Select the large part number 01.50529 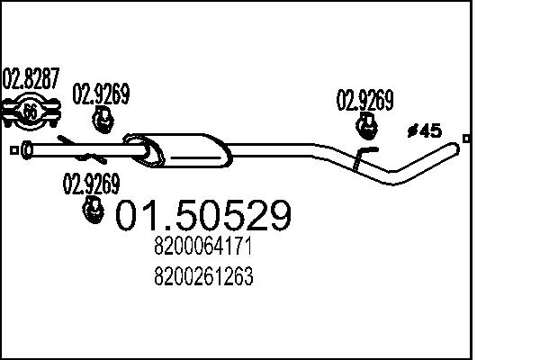coord(204,217)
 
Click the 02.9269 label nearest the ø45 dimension coord(364,101)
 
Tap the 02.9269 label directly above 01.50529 coord(90,184)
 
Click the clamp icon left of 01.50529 coord(92,211)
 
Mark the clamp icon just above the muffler coord(103,119)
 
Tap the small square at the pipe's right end coord(465,138)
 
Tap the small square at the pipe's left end coord(13,149)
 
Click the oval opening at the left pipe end coord(26,149)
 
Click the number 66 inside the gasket coord(30,113)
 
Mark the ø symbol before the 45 coord(411,131)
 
